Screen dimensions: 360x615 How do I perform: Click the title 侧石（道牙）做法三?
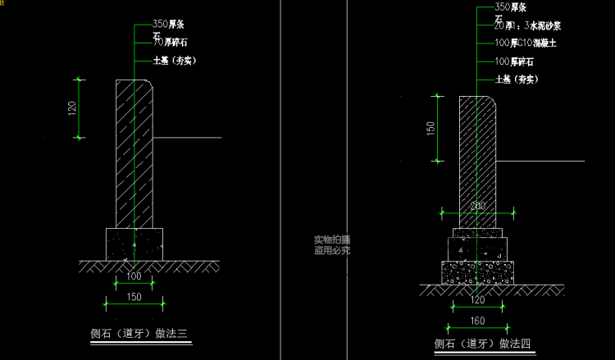tap(139, 333)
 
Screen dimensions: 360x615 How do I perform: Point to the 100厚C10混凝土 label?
tap(526, 43)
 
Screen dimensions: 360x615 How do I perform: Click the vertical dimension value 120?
tap(71, 108)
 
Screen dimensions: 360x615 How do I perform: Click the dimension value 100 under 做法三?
tap(134, 276)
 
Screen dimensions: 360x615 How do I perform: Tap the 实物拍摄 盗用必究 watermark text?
tap(331, 245)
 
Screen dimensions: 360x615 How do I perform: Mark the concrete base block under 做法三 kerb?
tap(134, 244)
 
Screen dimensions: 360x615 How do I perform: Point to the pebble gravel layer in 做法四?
tap(477, 271)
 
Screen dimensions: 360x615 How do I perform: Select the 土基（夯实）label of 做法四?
tap(517, 80)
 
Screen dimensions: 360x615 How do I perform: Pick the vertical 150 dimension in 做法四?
tap(430, 130)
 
